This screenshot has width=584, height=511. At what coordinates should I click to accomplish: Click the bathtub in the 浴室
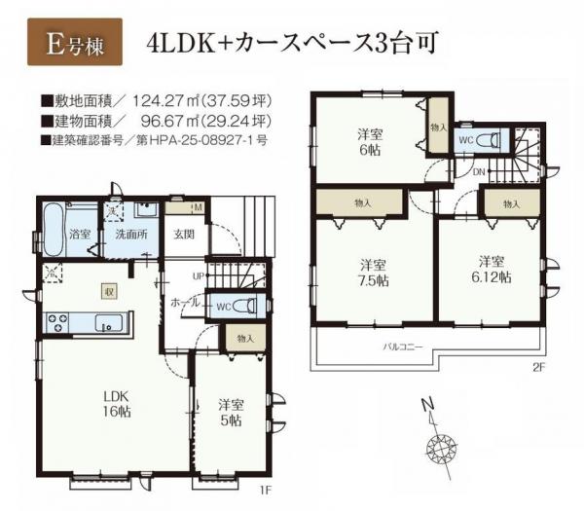pyautogui.click(x=56, y=229)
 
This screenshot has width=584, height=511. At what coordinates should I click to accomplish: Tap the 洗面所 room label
pyautogui.click(x=125, y=235)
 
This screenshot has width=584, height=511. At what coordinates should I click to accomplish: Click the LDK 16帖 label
pyautogui.click(x=117, y=403)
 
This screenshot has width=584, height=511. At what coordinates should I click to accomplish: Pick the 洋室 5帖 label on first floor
pyautogui.click(x=231, y=413)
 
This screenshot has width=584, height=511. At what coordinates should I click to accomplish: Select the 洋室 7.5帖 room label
pyautogui.click(x=369, y=272)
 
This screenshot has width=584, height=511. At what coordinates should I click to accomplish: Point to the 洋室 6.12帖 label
pyautogui.click(x=492, y=269)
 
